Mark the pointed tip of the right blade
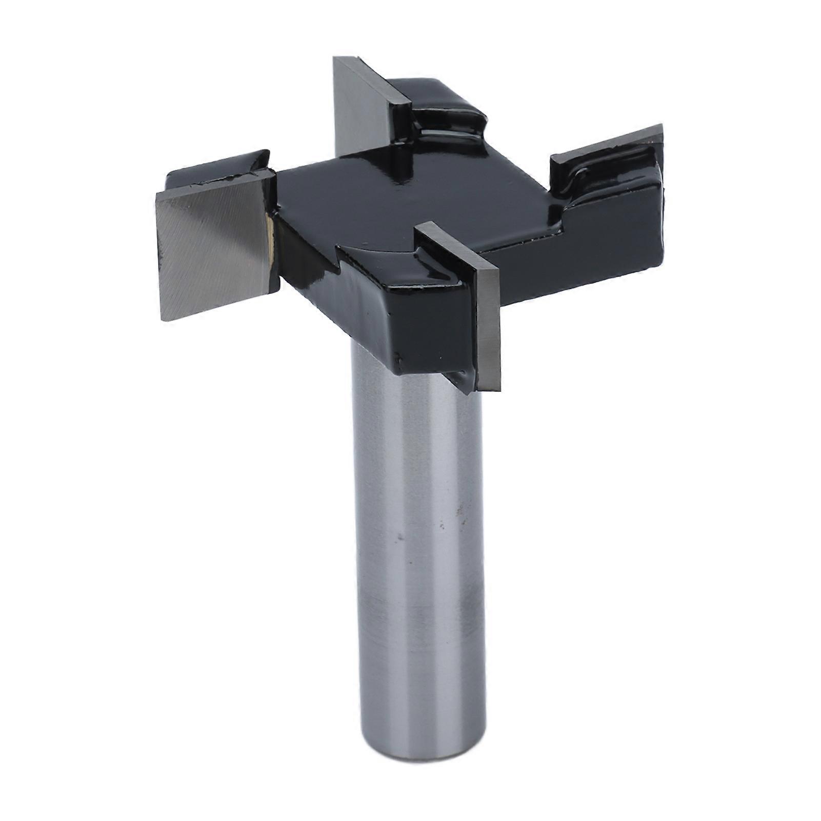click(x=662, y=126)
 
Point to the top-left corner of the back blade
click(x=335, y=58)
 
